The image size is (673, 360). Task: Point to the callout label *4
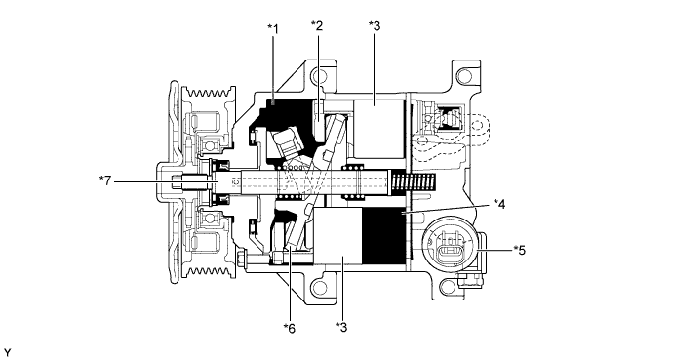pyautogui.click(x=498, y=204)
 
